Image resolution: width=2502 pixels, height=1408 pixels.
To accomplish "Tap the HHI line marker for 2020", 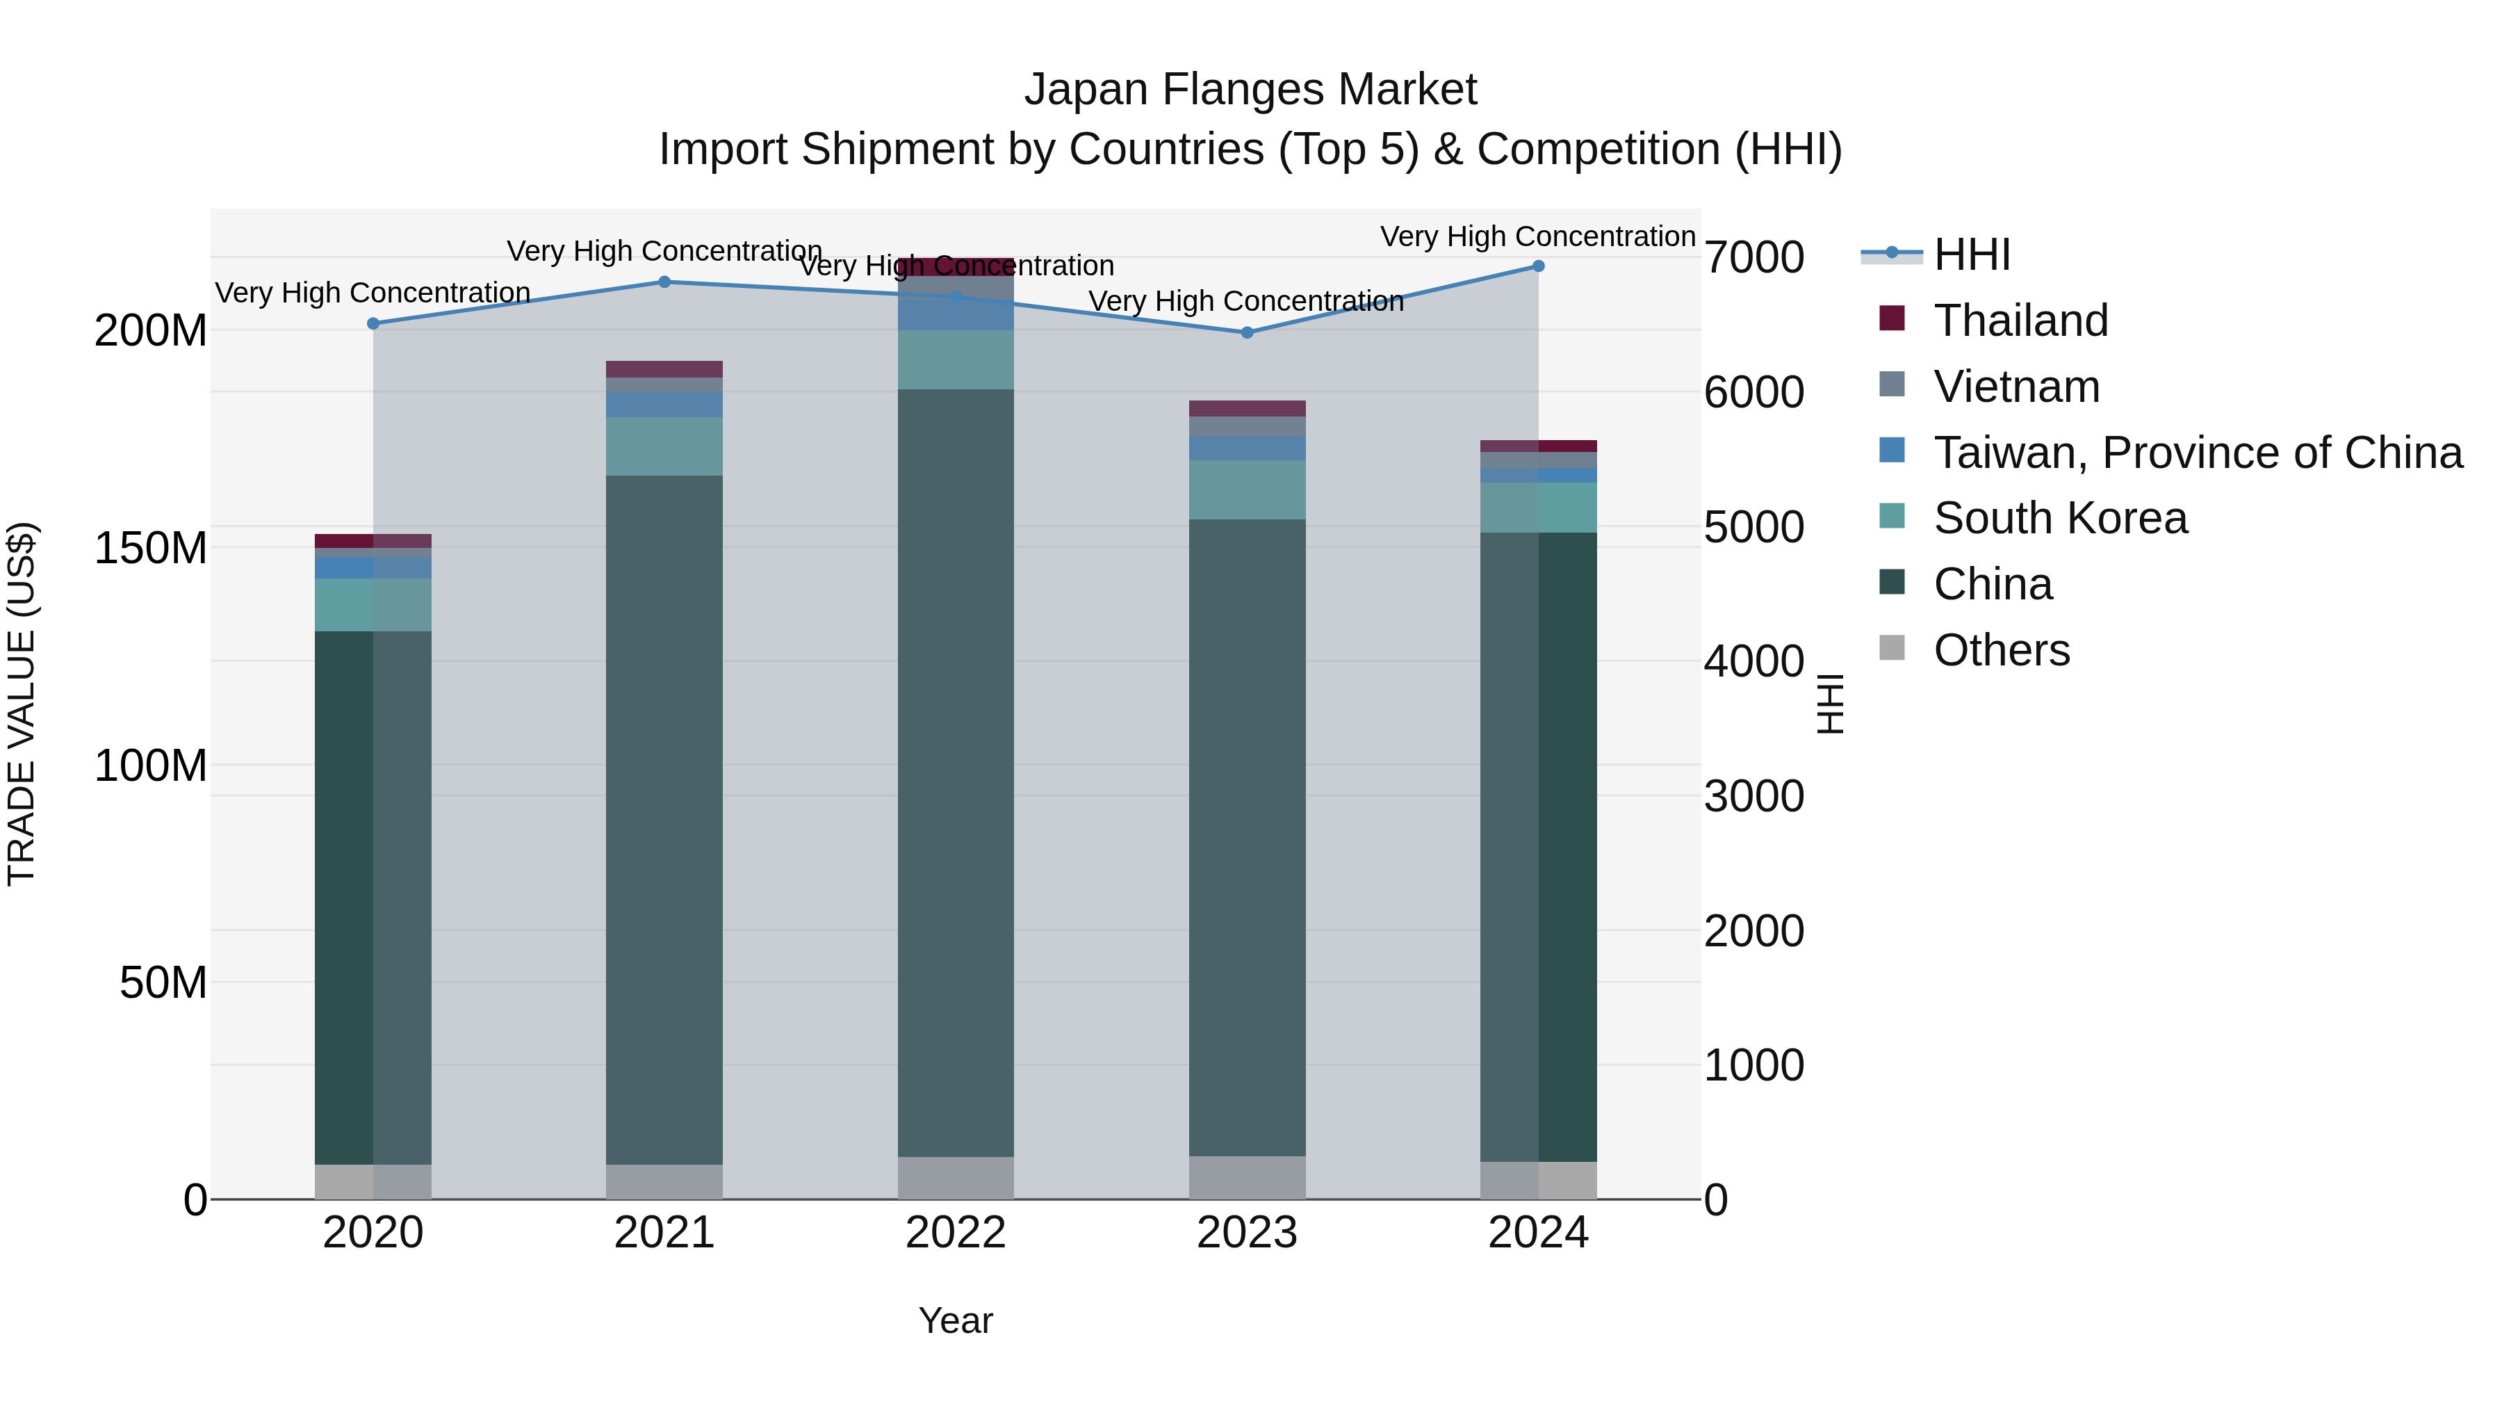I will tap(373, 323).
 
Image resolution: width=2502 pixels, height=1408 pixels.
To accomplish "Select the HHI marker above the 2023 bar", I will tap(1247, 332).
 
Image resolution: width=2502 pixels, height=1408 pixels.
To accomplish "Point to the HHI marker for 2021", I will tap(664, 282).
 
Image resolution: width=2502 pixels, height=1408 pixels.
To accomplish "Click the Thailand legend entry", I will tap(2020, 321).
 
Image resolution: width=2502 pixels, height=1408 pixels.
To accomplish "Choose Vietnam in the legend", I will tap(2016, 387).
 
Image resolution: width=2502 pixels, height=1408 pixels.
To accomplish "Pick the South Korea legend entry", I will tap(2060, 518).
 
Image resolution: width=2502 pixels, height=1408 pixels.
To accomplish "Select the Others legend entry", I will tap(2001, 650).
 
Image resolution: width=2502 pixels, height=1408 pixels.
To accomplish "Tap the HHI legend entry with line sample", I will tap(1972, 254).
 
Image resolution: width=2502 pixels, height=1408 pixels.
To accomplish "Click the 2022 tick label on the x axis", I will tap(956, 1233).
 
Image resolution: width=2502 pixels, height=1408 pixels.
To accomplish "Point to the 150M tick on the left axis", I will tap(151, 548).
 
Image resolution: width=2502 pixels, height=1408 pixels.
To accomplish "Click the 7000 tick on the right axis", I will tap(1754, 257).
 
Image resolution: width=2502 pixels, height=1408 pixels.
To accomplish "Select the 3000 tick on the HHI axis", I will tap(1754, 796).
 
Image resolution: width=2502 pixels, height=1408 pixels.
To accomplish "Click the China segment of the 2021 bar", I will tap(664, 816).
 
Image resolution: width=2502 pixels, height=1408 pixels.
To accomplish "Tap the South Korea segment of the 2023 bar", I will tap(1247, 489).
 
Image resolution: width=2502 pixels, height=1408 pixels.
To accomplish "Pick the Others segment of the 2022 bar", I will tap(956, 1178).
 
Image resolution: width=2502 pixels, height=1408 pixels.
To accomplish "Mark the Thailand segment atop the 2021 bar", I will tap(664, 369).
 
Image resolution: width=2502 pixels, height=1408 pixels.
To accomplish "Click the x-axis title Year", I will tap(956, 1320).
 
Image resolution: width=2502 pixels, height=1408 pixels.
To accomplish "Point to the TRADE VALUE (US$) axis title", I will tap(22, 704).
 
